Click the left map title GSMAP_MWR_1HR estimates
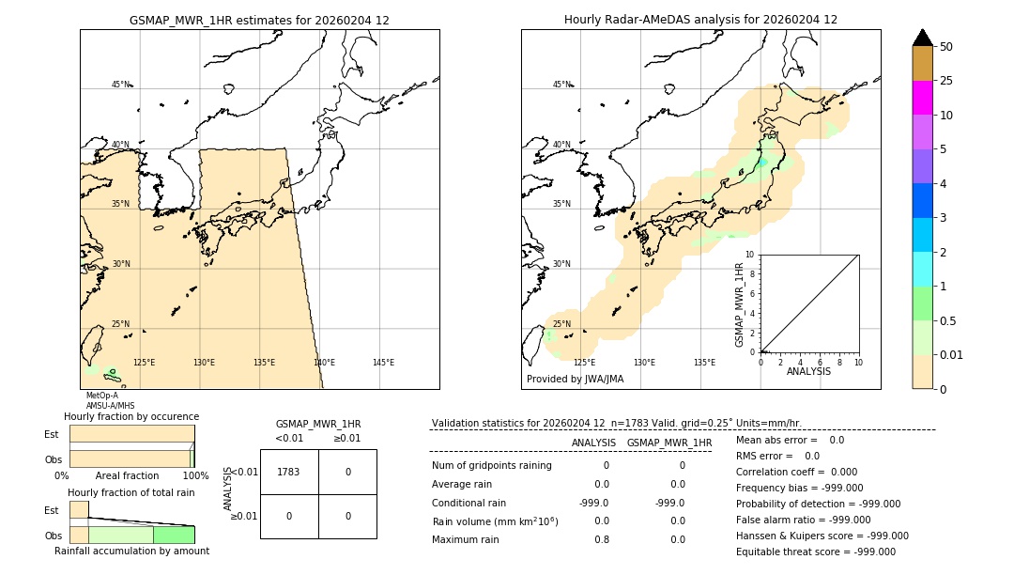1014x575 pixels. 259,20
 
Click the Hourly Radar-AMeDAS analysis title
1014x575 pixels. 700,20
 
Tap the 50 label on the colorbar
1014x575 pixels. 946,47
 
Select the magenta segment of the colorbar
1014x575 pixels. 922,98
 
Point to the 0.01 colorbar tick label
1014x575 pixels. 952,354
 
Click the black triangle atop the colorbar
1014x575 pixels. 922,38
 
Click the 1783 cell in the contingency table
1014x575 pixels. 288,472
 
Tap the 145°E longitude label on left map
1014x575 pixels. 383,363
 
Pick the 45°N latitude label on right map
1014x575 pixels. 561,85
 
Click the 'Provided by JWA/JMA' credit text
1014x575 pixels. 575,380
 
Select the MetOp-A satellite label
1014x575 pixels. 102,396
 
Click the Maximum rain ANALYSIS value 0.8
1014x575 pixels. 601,539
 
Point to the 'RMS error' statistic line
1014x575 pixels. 777,456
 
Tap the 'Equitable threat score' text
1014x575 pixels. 815,552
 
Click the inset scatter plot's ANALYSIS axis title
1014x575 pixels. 808,371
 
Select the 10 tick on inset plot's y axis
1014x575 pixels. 749,255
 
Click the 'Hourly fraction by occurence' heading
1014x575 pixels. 131,416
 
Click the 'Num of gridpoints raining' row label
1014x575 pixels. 491,466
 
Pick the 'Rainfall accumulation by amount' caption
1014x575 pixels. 131,551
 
